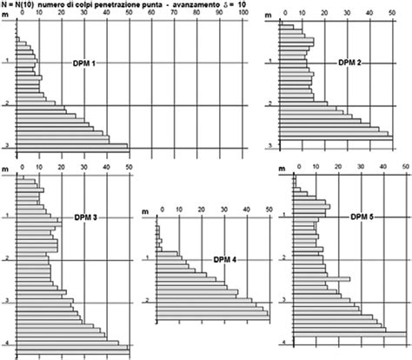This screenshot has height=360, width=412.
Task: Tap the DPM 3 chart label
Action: [x=84, y=216]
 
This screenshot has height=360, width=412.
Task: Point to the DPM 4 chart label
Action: [x=223, y=259]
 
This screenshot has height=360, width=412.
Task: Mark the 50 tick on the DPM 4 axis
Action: [x=269, y=209]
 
